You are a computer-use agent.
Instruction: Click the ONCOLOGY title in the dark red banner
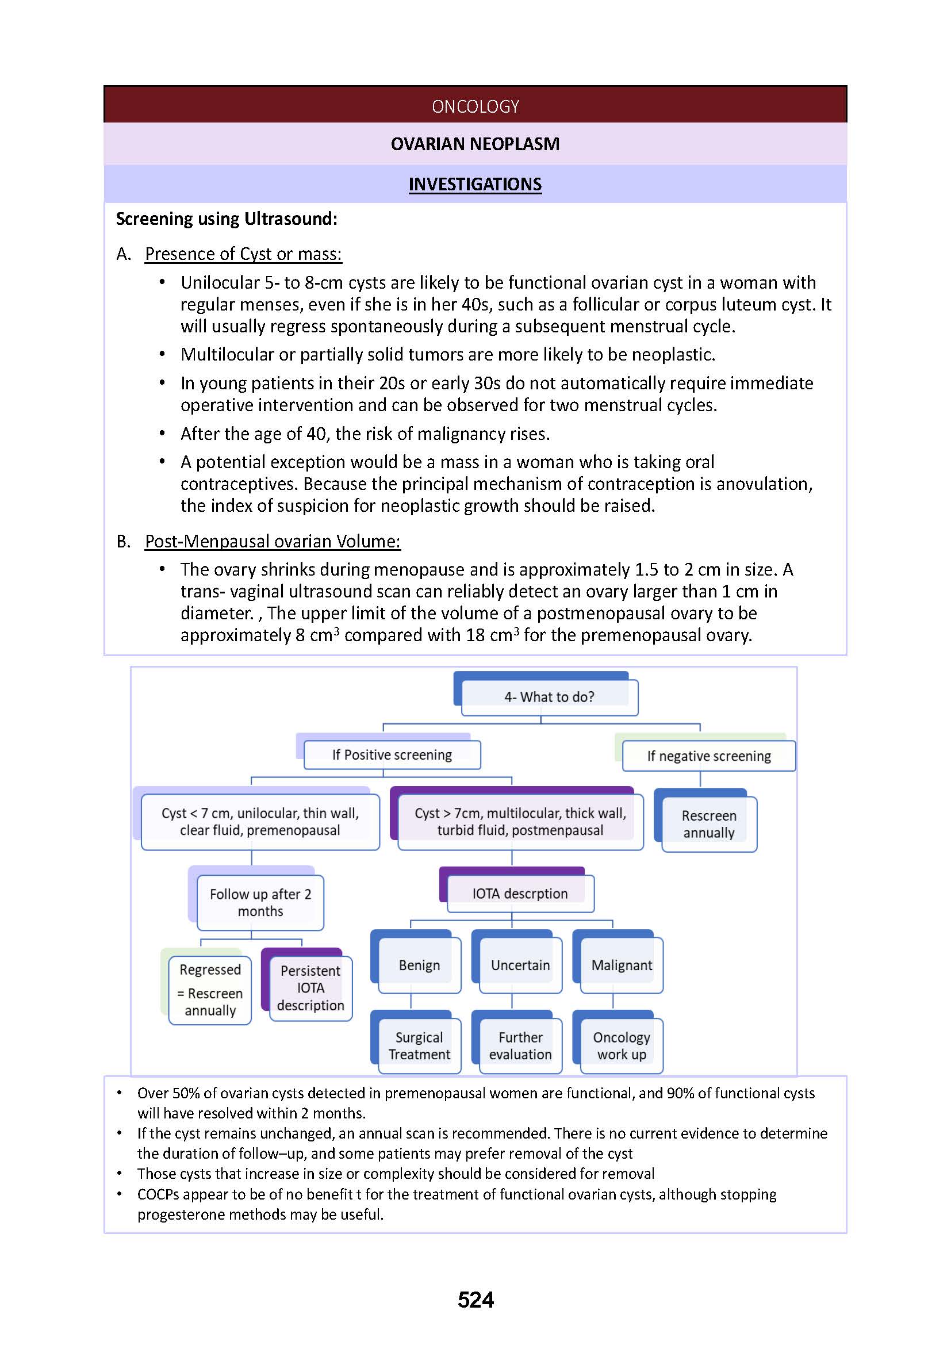tap(475, 106)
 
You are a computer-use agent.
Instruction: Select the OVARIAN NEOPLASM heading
tap(475, 144)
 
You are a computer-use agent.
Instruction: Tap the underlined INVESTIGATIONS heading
tap(475, 184)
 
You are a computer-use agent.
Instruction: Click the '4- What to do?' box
tap(549, 696)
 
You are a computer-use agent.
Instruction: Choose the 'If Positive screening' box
tap(392, 754)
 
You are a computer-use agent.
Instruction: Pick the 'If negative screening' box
tap(708, 756)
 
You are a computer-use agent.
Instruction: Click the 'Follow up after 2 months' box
tap(260, 902)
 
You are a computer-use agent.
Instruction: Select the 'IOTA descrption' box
tap(520, 894)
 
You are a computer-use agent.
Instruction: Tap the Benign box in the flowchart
tap(419, 965)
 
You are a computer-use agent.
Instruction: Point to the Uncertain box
tap(520, 965)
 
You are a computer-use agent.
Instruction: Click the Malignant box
tap(622, 965)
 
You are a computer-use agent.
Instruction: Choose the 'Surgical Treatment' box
tap(419, 1045)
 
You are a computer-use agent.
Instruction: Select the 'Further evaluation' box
tap(520, 1045)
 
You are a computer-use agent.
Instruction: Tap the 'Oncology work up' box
tap(622, 1045)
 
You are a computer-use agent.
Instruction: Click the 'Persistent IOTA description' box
tap(310, 988)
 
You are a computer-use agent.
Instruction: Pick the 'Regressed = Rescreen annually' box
tap(210, 990)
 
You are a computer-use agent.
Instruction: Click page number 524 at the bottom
tap(475, 1300)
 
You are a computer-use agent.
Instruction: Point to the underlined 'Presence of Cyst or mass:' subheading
tap(243, 254)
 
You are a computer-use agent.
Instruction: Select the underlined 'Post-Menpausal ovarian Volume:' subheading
tap(273, 541)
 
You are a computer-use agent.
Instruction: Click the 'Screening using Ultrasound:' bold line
tap(227, 219)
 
